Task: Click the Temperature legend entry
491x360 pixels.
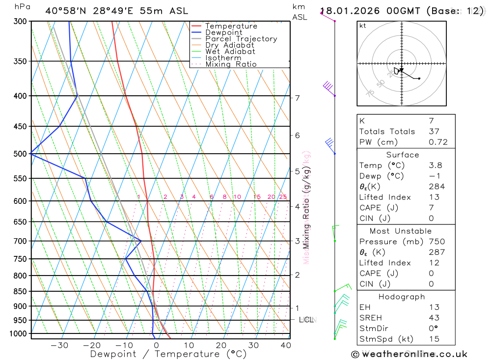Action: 231,26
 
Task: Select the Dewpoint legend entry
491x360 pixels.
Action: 223,32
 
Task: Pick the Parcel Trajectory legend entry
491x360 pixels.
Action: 241,39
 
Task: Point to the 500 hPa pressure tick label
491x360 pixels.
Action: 20,154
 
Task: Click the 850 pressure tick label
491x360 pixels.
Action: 20,291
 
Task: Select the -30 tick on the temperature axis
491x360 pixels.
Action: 59,345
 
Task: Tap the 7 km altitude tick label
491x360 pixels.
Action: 297,98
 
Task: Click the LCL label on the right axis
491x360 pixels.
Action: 306,320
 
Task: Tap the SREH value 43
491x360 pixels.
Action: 434,318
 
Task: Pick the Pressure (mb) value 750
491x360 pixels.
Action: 436,242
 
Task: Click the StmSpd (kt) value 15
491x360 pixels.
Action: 434,339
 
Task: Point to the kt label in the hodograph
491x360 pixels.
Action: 363,26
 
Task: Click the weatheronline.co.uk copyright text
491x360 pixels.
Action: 409,354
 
